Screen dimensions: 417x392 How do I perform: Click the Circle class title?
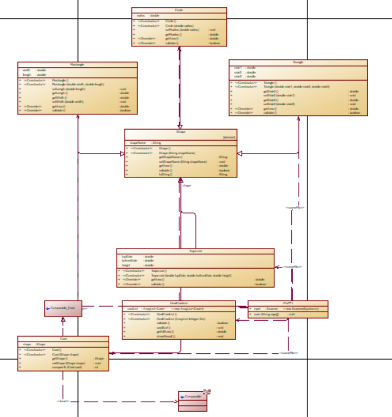point(179,10)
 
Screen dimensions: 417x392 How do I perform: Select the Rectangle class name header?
point(77,64)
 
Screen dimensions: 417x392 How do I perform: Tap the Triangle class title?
point(298,62)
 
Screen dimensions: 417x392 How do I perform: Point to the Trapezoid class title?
point(195,251)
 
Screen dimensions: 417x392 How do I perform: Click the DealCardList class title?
point(179,303)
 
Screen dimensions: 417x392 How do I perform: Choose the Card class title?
point(63,339)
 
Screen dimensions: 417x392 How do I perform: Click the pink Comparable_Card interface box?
point(63,308)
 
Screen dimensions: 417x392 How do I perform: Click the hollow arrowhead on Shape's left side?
point(122,153)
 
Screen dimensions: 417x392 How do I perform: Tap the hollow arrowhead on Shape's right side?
point(240,153)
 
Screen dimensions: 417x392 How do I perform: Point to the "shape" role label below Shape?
point(186,185)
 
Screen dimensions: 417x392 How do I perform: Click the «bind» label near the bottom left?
point(62,401)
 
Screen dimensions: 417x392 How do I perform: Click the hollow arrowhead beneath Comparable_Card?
point(63,319)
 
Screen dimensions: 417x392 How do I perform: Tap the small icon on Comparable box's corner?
point(207,392)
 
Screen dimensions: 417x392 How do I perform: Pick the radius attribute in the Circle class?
point(140,16)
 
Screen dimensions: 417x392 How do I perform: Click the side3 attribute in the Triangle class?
point(238,76)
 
